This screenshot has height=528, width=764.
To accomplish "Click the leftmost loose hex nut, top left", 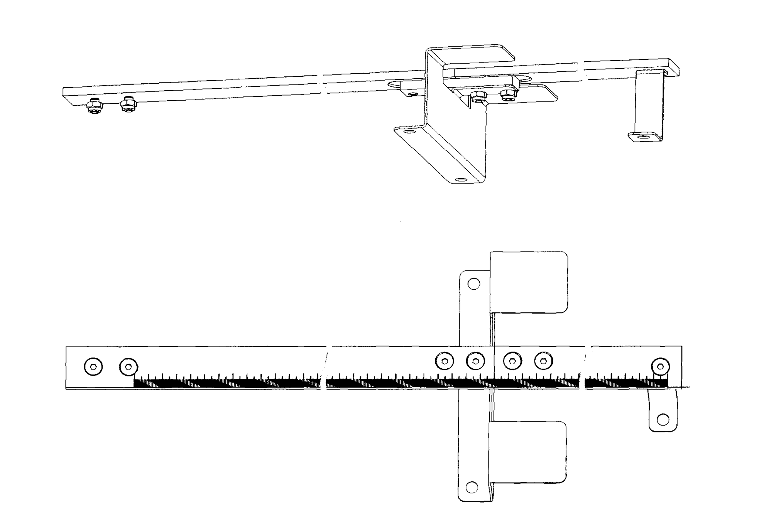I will point(94,106).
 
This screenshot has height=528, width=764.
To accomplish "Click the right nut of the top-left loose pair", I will point(128,105).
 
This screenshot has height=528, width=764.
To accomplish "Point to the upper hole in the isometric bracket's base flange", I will point(409,132).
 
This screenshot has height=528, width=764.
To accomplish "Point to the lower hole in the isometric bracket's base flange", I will point(460,180).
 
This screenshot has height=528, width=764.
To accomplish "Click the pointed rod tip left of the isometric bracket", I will point(392,84).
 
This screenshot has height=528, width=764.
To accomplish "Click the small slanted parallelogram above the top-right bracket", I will point(674,67).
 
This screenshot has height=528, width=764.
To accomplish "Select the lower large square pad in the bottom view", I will point(527,452).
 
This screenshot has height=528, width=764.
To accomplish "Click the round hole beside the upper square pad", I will point(473,284).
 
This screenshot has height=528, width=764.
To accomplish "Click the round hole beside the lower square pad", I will point(472,487).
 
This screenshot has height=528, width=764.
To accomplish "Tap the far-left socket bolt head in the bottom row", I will point(93,367).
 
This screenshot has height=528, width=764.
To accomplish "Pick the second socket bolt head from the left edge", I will point(128,367).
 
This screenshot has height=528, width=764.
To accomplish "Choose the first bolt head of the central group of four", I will point(445,361).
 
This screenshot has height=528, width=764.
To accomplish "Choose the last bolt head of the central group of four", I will point(543,361).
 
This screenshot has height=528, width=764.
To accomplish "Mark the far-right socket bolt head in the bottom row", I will point(661,366).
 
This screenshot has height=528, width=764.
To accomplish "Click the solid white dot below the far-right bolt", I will point(663,420).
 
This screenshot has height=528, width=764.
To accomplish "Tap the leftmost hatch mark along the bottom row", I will point(153,384).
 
